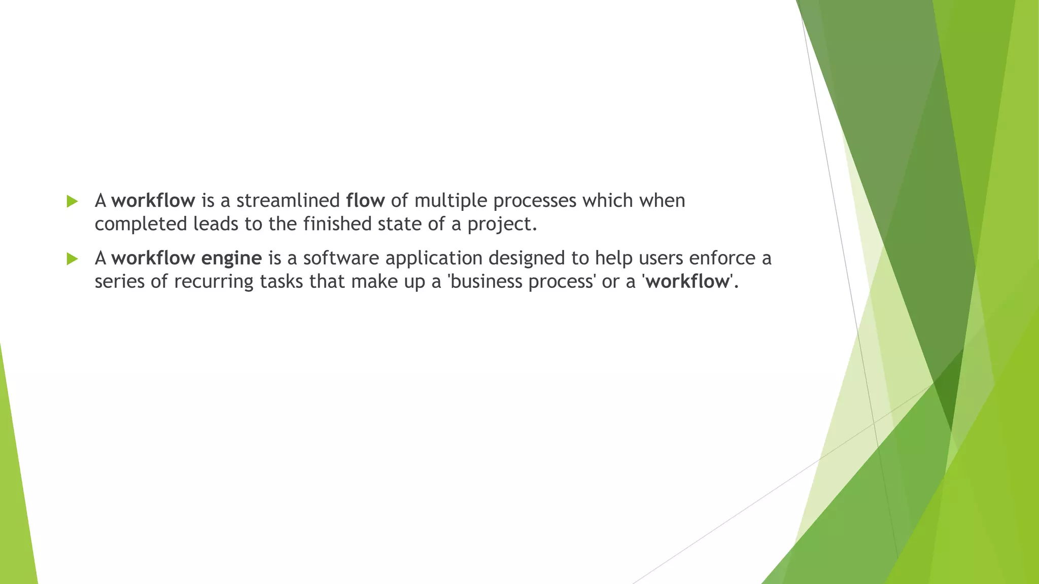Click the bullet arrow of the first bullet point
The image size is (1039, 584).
[x=72, y=201]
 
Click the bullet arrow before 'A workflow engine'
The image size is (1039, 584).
[x=72, y=259]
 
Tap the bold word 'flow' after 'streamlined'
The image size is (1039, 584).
[x=365, y=201]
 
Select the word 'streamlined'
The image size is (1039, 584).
[x=288, y=201]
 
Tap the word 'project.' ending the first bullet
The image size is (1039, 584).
[x=502, y=224]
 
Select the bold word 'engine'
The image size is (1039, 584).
[x=231, y=259]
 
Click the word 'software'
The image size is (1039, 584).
[x=341, y=258]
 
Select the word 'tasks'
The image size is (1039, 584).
[x=282, y=281]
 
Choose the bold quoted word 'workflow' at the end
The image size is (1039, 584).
[x=687, y=281]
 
